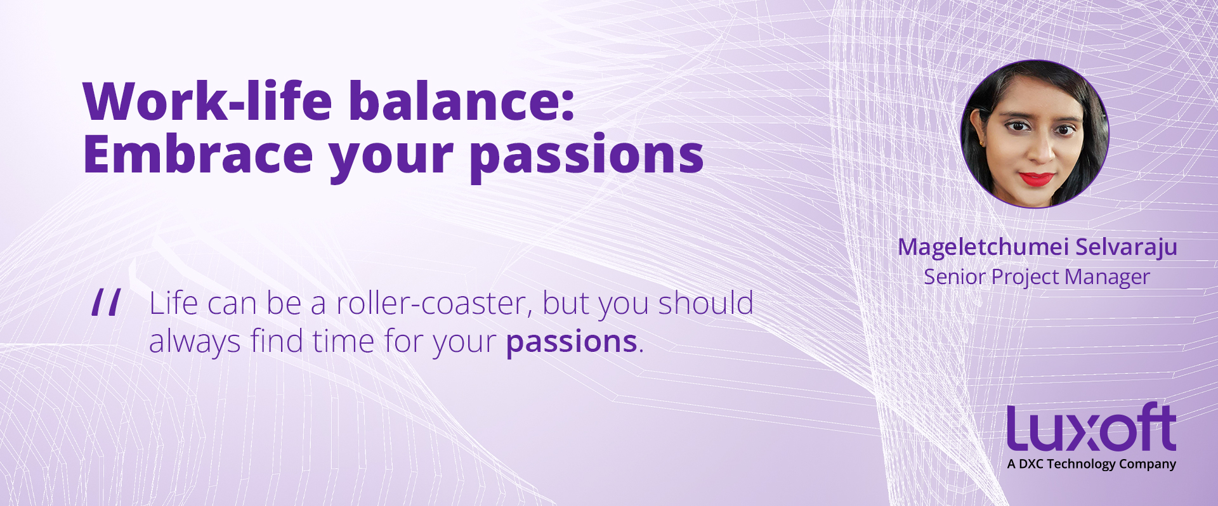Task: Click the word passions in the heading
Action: (x=587, y=158)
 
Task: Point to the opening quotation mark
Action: (x=106, y=302)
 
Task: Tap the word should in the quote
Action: (x=705, y=302)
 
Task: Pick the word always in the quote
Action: (x=195, y=342)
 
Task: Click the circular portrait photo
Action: (x=1035, y=134)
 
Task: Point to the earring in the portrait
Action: (x=982, y=143)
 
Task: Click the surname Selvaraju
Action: (x=1127, y=247)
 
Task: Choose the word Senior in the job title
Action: (x=955, y=277)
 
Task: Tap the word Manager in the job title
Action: (x=1108, y=278)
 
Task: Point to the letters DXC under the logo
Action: (x=1031, y=464)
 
